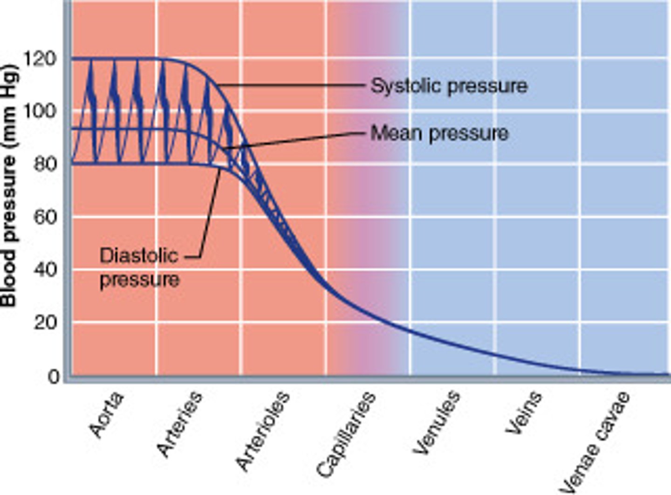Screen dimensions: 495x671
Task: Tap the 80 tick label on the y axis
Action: point(45,164)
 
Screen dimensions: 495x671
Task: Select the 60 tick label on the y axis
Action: point(45,217)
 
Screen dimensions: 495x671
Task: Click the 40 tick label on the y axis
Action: point(45,269)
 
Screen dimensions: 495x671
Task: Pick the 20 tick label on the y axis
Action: point(45,322)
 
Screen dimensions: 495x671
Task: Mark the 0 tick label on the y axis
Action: point(54,376)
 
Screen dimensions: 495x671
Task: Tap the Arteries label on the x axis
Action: point(180,424)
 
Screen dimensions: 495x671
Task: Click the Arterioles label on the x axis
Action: point(263,431)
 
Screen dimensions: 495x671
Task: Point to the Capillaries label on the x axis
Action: point(346,435)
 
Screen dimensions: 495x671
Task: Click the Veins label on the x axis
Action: point(524,413)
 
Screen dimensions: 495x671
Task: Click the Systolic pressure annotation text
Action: point(449,86)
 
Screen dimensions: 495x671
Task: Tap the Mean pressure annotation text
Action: point(439,134)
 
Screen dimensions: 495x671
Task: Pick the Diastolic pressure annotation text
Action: point(139,268)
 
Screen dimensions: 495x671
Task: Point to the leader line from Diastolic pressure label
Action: point(210,214)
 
